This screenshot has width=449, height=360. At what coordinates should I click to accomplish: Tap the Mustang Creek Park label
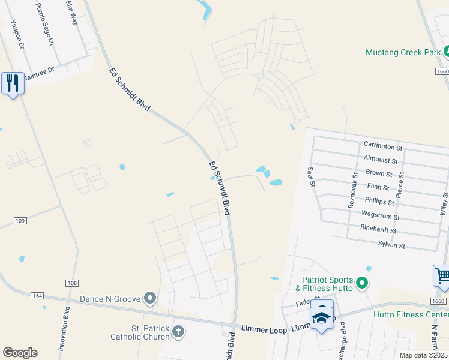click(403, 53)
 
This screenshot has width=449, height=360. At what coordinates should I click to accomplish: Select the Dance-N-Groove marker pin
click(150, 298)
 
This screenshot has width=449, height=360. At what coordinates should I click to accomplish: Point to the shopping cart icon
click(442, 277)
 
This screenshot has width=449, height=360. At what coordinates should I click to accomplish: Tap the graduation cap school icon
click(321, 317)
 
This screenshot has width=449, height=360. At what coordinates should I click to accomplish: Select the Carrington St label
click(382, 146)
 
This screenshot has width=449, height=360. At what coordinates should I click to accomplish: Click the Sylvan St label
click(391, 246)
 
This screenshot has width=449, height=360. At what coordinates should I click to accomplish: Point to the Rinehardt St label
click(378, 230)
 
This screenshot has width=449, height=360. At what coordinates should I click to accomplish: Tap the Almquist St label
click(381, 161)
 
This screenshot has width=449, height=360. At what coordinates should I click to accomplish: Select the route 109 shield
click(20, 221)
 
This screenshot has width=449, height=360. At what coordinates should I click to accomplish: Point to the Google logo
click(20, 353)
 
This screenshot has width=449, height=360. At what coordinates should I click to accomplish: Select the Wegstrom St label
click(380, 214)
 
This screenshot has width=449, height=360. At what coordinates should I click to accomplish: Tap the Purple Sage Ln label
click(45, 25)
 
